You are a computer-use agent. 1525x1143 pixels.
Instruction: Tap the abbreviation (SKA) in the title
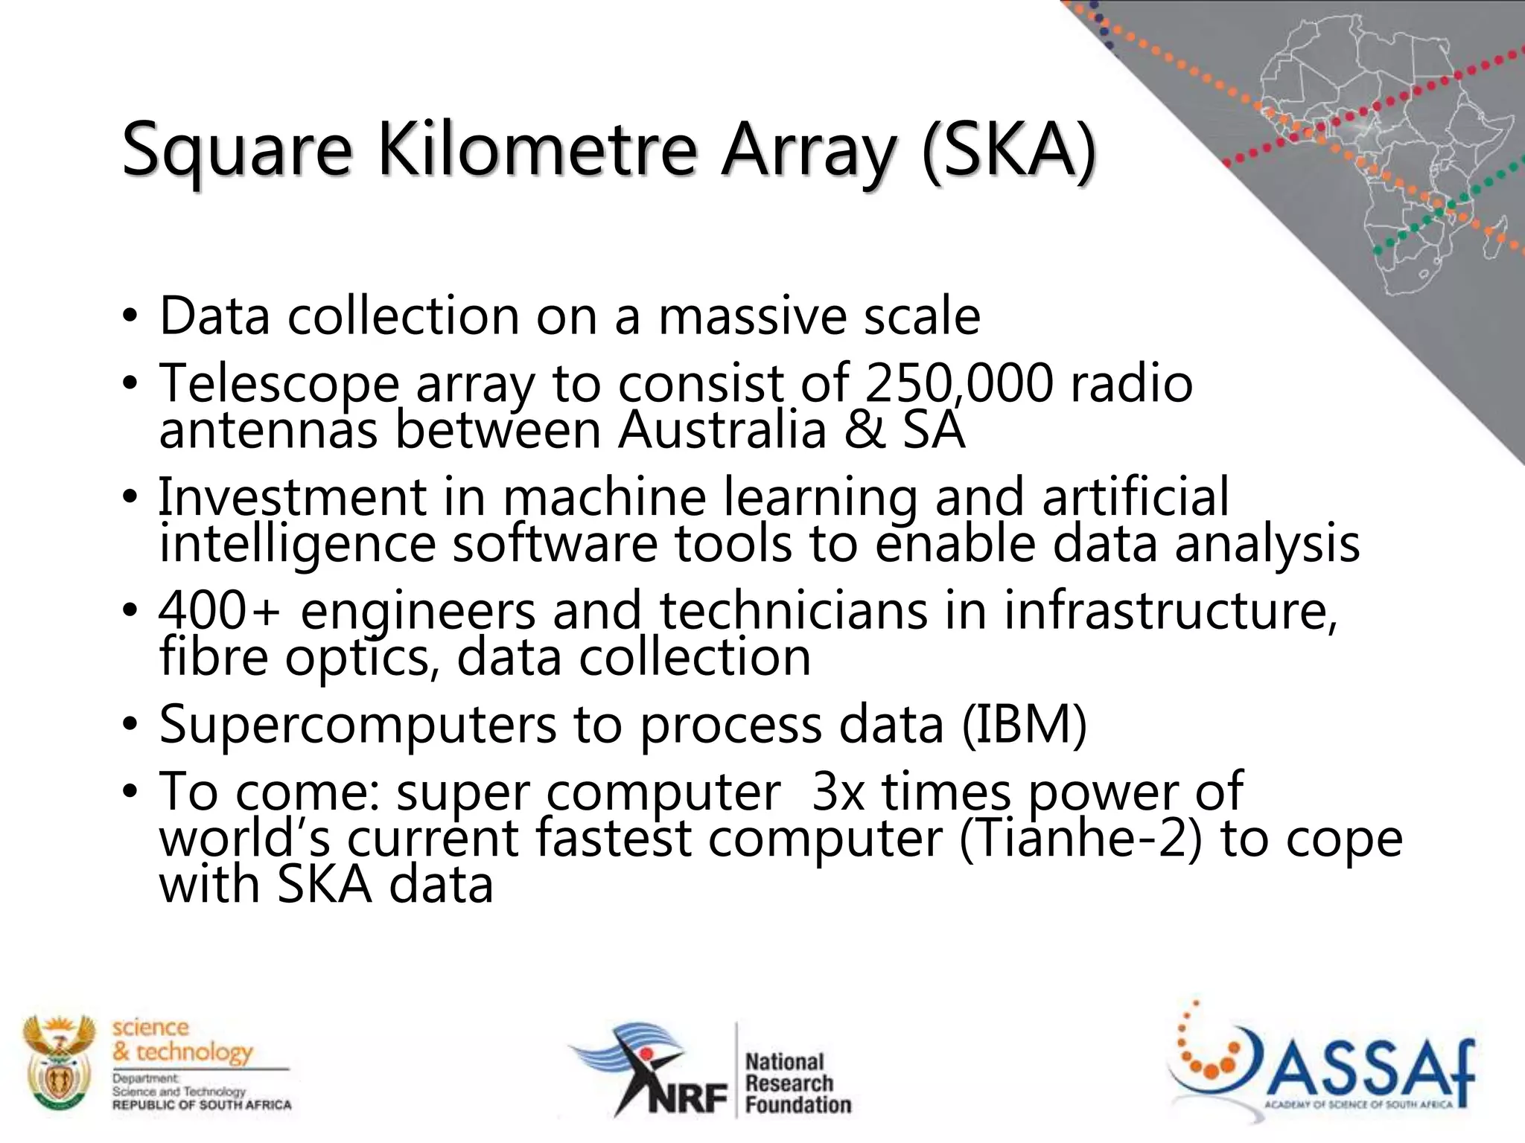(x=1009, y=151)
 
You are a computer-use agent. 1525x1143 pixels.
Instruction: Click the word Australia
(x=722, y=430)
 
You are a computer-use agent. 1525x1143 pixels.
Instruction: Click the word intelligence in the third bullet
(x=297, y=544)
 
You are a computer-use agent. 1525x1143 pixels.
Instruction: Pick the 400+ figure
(x=220, y=610)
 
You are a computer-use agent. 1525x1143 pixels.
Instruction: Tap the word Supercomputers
(x=357, y=724)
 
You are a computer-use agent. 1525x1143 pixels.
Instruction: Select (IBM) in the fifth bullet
(x=1024, y=724)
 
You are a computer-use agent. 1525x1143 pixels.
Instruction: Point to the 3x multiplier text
(x=838, y=792)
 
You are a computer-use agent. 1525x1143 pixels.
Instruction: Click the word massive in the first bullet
(x=752, y=316)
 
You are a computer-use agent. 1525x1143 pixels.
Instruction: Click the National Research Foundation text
(x=797, y=1083)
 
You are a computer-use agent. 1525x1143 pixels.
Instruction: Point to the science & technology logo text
(x=182, y=1040)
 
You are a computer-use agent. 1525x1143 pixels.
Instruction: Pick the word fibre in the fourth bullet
(x=214, y=657)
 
